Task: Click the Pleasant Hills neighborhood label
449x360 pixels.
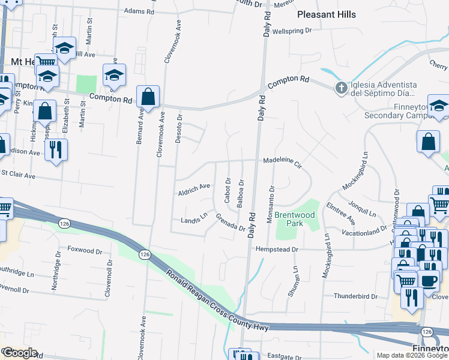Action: [327, 14]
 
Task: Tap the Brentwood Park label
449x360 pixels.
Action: [295, 219]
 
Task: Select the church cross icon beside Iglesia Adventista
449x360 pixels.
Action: [341, 89]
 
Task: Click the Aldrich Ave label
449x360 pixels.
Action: [194, 190]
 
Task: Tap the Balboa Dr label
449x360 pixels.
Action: [241, 193]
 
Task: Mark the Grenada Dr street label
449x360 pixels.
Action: [231, 223]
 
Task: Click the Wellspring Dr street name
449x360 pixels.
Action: [292, 31]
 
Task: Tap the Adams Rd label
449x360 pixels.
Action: [139, 11]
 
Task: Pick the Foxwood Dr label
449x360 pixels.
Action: [82, 249]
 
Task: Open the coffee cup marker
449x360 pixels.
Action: [429, 281]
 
